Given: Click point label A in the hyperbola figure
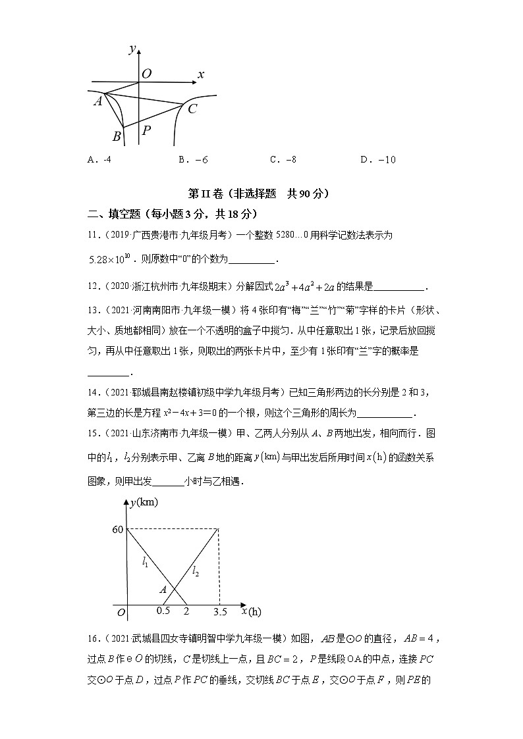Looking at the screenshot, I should click(97, 101).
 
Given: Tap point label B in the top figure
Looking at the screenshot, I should click(117, 136).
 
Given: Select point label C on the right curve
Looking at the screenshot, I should click(192, 109).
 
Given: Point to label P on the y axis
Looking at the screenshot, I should click(146, 130).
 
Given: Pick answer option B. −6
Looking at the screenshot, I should click(193, 159).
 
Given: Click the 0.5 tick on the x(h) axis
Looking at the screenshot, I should click(163, 610).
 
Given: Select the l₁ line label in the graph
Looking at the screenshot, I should click(146, 561).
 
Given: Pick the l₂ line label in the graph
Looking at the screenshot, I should click(196, 572).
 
